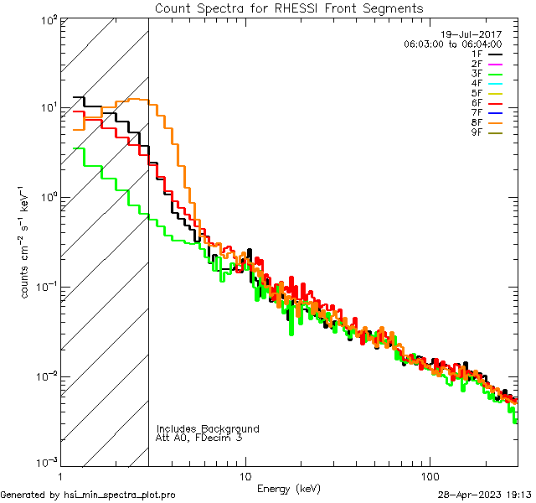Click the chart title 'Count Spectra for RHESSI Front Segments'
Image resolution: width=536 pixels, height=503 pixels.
tap(289, 8)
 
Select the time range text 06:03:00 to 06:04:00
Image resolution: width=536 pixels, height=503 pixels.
tap(452, 43)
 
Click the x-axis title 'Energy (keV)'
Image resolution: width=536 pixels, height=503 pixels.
tap(289, 488)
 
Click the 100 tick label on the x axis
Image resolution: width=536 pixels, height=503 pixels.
tap(430, 475)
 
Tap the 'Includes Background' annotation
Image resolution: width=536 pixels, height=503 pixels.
tap(208, 428)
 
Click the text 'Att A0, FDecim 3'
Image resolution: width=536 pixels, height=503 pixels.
tap(198, 438)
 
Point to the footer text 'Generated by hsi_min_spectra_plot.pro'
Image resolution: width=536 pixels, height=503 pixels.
tap(88, 495)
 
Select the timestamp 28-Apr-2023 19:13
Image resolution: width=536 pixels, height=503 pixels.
tap(485, 495)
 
